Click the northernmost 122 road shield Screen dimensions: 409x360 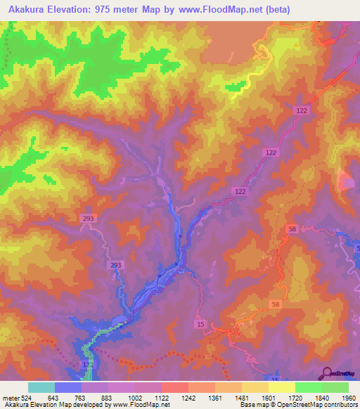point(303,111)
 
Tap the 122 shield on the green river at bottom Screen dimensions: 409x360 point(88,365)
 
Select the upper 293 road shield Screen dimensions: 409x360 point(108,219)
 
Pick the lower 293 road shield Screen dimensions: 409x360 point(116,265)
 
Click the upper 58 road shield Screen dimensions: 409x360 point(292,229)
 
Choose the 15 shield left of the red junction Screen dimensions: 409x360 point(201,323)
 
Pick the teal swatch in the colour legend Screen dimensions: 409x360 point(41,387)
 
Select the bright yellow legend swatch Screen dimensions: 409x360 point(281,387)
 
